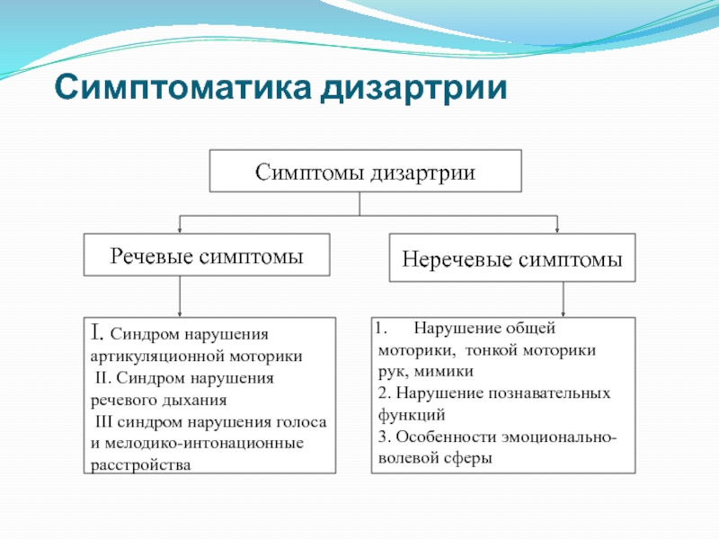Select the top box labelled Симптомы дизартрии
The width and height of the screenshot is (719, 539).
[x=365, y=171]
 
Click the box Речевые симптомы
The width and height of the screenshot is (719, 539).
[x=207, y=255]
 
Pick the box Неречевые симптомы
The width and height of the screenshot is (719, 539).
[x=512, y=260]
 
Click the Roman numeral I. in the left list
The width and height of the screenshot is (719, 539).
[x=97, y=334]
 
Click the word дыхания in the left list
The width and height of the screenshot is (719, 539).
[x=195, y=401]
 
